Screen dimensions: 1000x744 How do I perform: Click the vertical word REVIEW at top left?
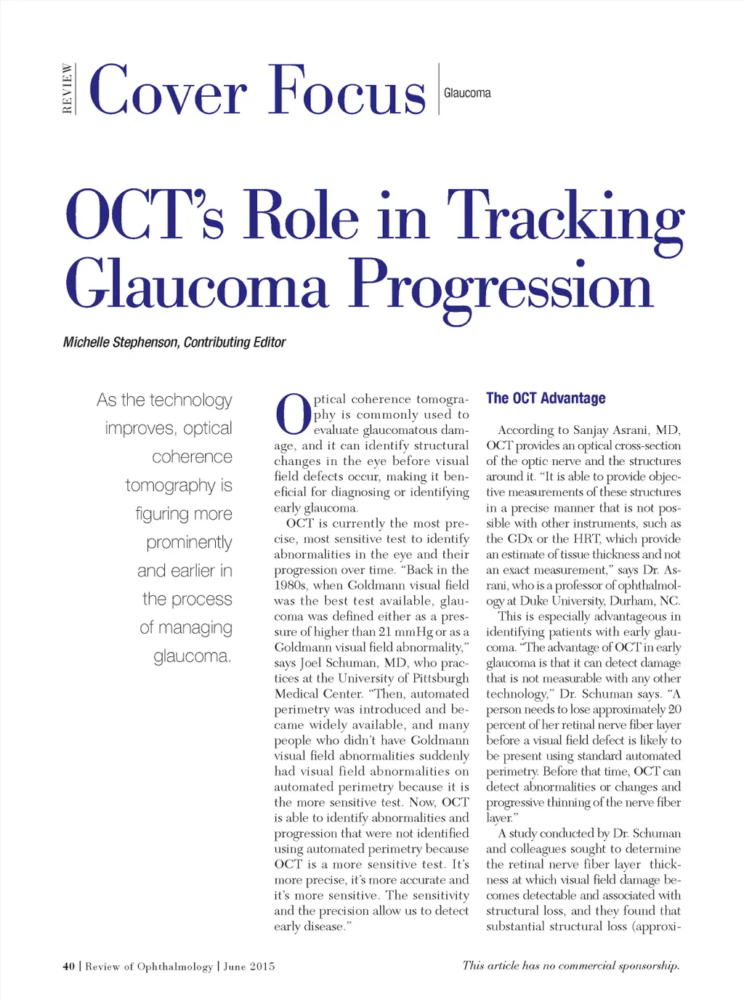tap(68, 89)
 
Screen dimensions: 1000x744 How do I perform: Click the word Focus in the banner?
tap(346, 91)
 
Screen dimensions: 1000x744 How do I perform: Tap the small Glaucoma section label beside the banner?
tap(467, 93)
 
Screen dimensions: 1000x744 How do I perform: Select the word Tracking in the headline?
tap(565, 217)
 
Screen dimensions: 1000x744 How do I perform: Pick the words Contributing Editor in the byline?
tap(235, 342)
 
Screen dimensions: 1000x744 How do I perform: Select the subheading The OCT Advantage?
tap(546, 398)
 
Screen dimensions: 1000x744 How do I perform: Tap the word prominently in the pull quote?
tap(189, 542)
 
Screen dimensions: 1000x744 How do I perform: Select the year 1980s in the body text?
tap(291, 586)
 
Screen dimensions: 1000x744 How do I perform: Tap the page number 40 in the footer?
tap(68, 967)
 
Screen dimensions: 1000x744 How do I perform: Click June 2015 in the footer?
tap(249, 967)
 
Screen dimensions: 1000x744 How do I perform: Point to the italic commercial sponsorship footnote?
tap(570, 966)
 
